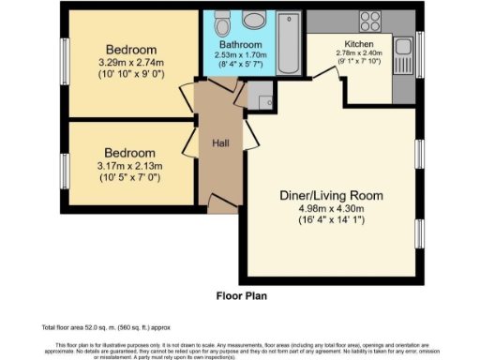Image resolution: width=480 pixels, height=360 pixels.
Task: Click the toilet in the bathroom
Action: tap(221, 20)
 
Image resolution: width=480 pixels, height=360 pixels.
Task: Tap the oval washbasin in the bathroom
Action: tap(253, 20)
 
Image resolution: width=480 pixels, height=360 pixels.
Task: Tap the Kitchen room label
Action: tap(359, 43)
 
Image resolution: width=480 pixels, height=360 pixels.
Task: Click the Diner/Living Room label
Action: tap(332, 196)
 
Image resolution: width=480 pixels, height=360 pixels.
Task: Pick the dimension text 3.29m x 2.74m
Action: tap(130, 63)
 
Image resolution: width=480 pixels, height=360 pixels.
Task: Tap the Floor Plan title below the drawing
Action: tap(239, 293)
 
